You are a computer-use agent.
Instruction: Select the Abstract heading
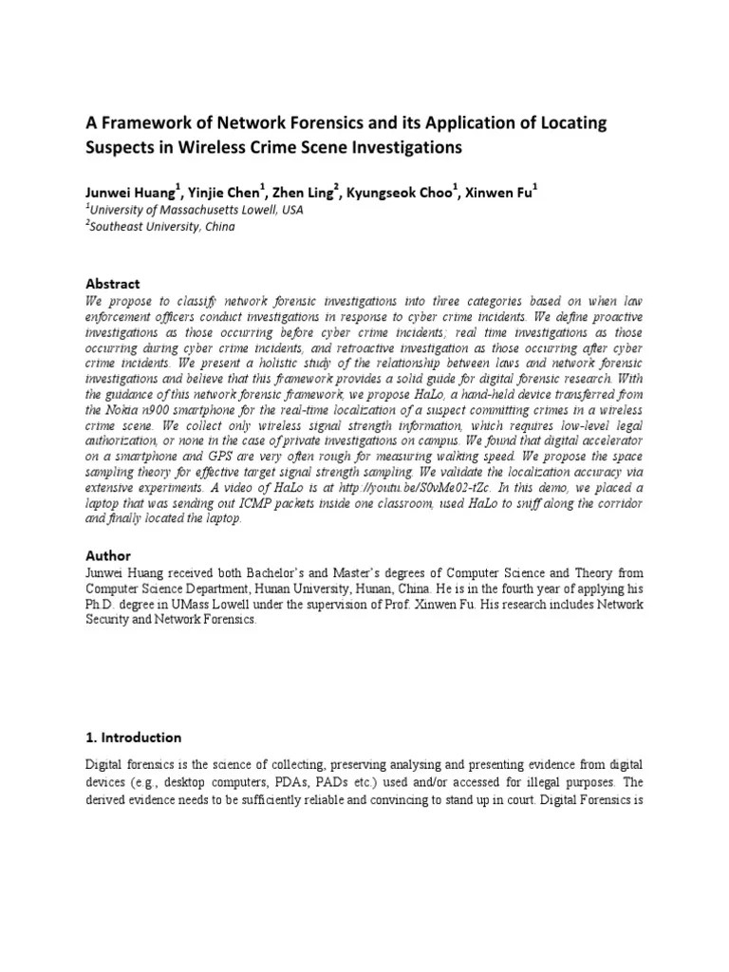click(x=113, y=284)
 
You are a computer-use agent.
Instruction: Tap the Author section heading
click(x=108, y=555)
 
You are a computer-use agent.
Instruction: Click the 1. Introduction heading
click(x=133, y=737)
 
